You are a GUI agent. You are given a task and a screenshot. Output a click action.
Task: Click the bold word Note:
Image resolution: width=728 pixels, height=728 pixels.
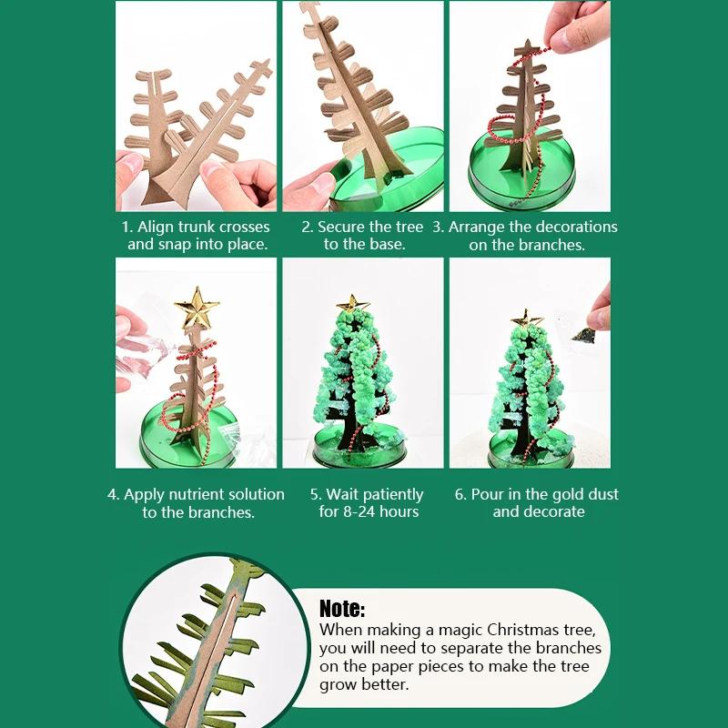pos(342,609)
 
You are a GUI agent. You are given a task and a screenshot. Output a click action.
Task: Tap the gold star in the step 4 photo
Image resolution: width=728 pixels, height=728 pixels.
pos(197,308)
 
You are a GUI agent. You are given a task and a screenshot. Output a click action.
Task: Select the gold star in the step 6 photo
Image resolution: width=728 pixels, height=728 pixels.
pos(525,318)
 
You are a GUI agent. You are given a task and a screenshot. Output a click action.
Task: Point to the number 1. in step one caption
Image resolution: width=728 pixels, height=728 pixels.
pos(127,227)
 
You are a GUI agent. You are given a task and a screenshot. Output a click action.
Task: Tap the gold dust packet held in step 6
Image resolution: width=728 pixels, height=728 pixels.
pos(583,333)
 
